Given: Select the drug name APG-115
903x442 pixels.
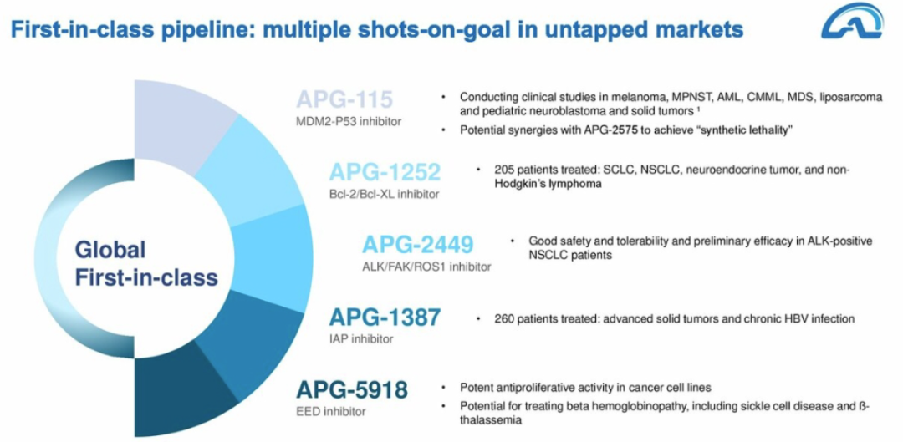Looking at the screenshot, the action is click(x=345, y=99).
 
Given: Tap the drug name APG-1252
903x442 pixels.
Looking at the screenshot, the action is click(x=385, y=171).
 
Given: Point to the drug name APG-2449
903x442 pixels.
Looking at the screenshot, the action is click(x=417, y=244).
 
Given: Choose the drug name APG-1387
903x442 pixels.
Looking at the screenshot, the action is click(x=385, y=318).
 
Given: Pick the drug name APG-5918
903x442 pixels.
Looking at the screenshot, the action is click(x=352, y=389).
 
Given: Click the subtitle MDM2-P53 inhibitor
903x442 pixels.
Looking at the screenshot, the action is click(x=349, y=121).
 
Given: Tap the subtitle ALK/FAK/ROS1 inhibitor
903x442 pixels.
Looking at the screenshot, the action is click(x=426, y=267).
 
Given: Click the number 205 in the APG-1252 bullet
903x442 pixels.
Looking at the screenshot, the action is click(x=503, y=170).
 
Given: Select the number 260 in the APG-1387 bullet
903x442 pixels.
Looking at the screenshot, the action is click(x=503, y=318).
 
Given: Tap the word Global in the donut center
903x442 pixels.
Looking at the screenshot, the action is click(x=110, y=251).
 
